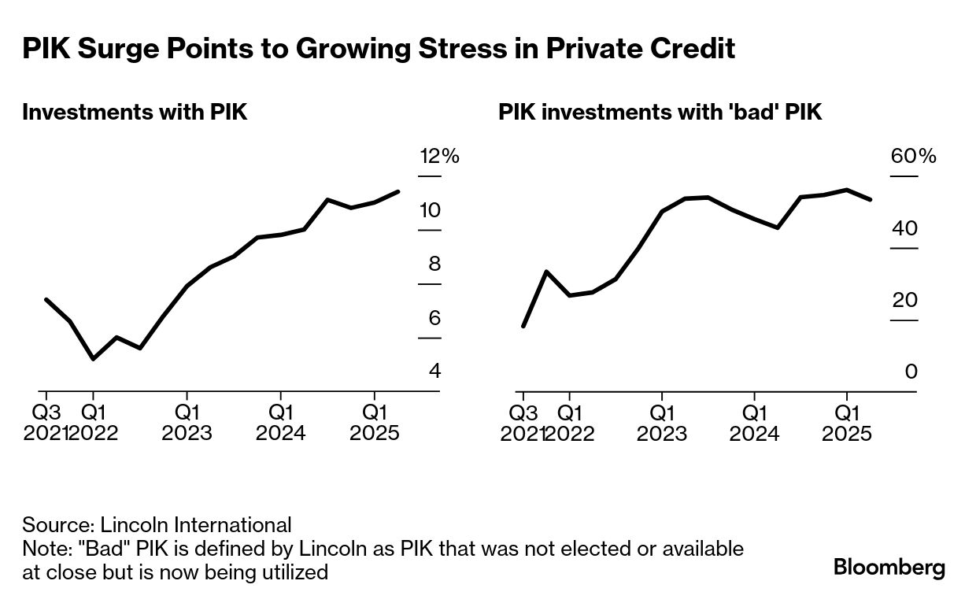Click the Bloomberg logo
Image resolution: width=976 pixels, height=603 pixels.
tap(889, 568)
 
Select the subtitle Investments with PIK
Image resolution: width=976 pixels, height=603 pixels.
tap(135, 113)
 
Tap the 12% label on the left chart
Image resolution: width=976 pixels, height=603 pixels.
tap(438, 156)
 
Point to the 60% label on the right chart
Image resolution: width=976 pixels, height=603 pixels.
tap(913, 156)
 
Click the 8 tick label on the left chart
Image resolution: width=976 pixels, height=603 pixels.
tap(434, 264)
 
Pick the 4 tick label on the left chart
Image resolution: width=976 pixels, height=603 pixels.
tap(434, 371)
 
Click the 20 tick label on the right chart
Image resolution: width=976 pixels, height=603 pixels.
tap(906, 300)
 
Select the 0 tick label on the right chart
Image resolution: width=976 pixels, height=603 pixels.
tap(911, 371)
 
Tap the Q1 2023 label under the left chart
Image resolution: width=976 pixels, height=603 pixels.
tap(187, 423)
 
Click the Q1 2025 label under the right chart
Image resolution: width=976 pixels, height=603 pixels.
tap(847, 423)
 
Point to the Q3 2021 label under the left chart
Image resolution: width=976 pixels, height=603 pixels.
tap(46, 423)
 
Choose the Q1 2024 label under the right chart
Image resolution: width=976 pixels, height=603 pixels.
tap(754, 423)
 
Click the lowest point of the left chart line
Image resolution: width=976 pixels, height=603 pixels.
tap(94, 359)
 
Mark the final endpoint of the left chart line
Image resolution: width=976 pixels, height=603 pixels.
tap(398, 191)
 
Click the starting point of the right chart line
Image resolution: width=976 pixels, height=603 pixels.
tap(523, 326)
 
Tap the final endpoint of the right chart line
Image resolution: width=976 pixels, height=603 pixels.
tap(871, 200)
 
